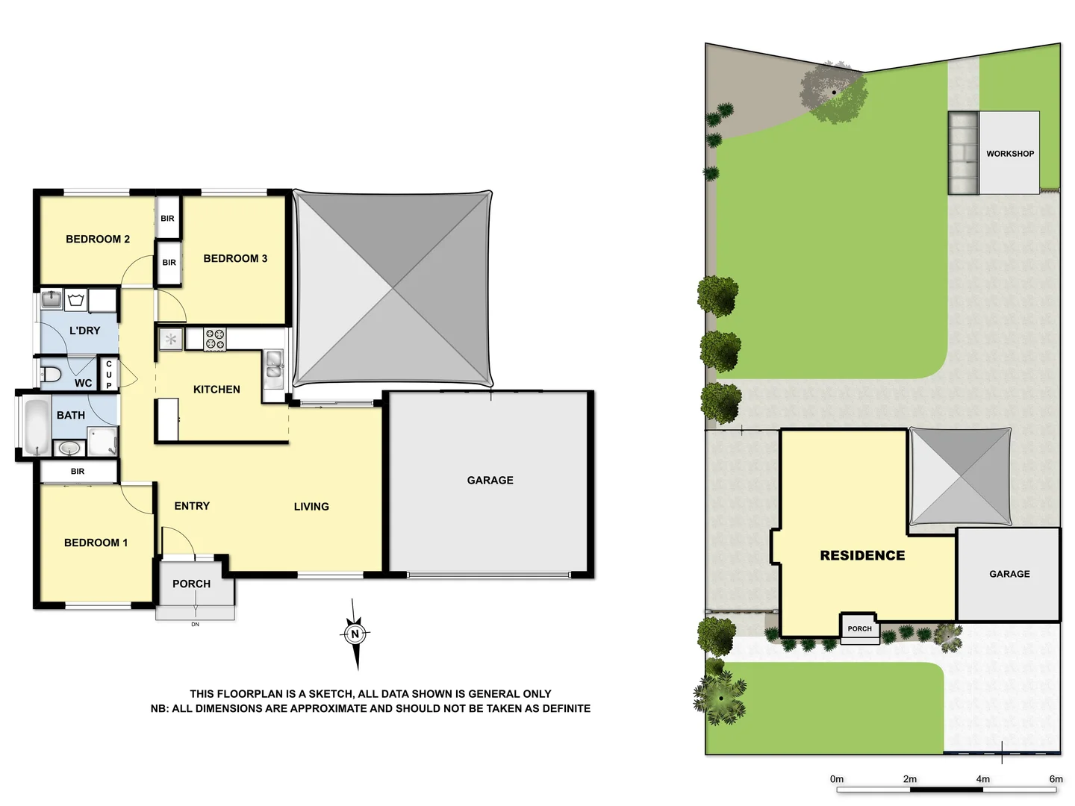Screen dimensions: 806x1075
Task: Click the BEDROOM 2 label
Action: [x=98, y=239]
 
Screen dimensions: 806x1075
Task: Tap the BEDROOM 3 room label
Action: [x=235, y=258]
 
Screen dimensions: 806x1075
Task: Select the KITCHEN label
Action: [x=216, y=390]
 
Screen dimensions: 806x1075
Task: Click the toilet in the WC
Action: [x=51, y=374]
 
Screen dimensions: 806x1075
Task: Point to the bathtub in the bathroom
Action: [x=35, y=426]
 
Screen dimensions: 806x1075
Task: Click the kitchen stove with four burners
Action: [x=215, y=340]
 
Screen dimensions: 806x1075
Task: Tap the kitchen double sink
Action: [x=274, y=365]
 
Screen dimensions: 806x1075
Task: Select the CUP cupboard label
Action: [x=109, y=375]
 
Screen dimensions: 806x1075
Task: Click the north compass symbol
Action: [x=355, y=634]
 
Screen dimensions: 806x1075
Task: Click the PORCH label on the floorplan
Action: [x=191, y=584]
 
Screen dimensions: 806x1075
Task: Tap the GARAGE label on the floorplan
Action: [x=490, y=480]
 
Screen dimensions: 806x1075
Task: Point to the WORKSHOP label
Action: [x=1010, y=154]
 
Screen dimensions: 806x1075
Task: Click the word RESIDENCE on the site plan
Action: [x=862, y=555]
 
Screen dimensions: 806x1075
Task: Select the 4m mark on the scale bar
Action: [x=982, y=778]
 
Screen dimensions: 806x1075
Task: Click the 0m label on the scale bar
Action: [x=837, y=778]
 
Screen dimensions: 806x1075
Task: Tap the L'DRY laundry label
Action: [x=84, y=331]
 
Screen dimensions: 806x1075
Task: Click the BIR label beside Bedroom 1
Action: [x=78, y=472]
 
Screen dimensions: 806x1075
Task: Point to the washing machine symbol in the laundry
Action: [x=75, y=301]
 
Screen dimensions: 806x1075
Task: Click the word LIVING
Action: [x=311, y=507]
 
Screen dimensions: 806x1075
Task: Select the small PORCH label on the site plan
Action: [x=859, y=628]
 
